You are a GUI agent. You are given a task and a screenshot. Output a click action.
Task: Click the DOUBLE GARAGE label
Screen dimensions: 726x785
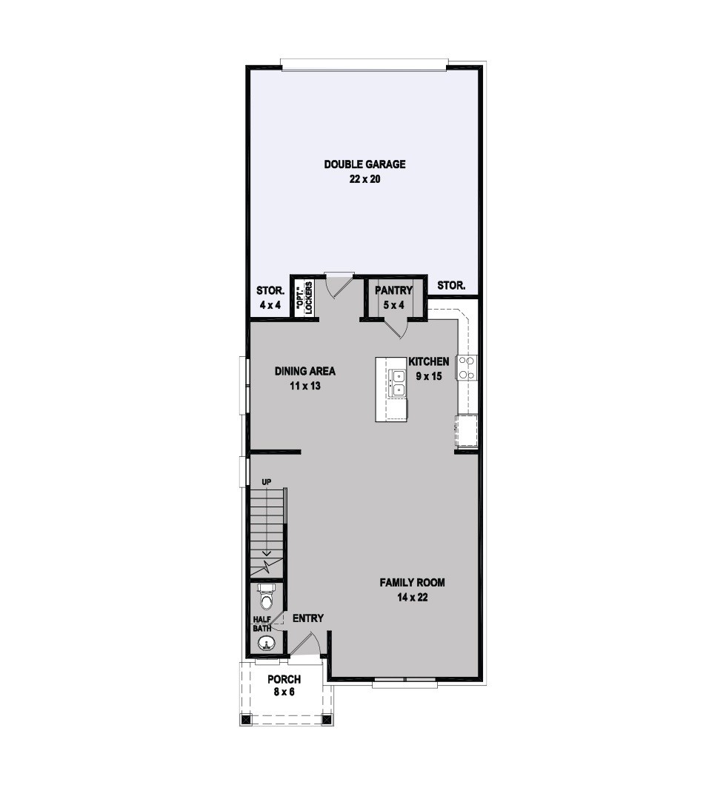(x=364, y=164)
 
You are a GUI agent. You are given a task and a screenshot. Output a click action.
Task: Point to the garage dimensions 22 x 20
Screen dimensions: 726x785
(x=364, y=179)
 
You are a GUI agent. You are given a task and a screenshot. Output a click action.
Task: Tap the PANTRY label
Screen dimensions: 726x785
(x=393, y=290)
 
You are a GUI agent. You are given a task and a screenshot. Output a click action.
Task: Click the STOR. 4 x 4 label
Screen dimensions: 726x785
(x=270, y=298)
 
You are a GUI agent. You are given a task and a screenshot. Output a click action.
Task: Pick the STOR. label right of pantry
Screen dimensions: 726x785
(x=451, y=286)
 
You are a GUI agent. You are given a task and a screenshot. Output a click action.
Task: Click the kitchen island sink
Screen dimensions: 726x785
(x=398, y=384)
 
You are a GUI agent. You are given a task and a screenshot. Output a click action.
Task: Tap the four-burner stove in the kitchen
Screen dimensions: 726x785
(x=466, y=367)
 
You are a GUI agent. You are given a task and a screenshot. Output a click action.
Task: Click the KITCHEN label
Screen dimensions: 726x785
(x=429, y=361)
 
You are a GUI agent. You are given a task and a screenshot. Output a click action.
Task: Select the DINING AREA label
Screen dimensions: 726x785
(x=305, y=372)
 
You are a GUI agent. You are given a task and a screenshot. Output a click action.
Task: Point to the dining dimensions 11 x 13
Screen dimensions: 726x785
(x=305, y=386)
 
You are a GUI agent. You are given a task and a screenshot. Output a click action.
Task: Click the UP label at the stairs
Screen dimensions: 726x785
(x=267, y=482)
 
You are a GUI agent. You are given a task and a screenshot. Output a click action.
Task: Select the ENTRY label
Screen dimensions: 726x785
(x=308, y=619)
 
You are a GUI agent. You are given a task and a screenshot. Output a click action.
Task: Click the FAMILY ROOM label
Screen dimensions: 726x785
(x=412, y=583)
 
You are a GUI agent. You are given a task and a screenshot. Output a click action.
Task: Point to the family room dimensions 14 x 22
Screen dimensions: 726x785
(x=412, y=597)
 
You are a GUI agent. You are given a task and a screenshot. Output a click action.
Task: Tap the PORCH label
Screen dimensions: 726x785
(x=284, y=680)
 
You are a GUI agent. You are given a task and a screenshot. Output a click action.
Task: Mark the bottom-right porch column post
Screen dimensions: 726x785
(x=328, y=720)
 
